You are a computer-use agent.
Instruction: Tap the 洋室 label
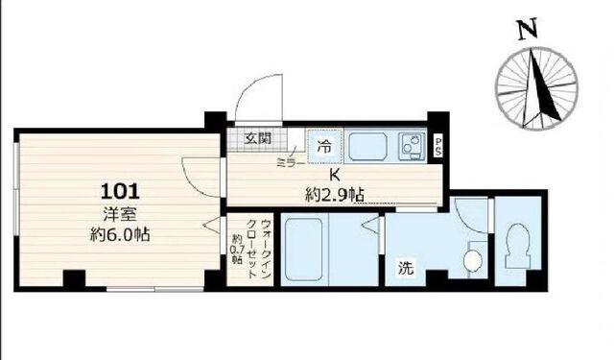[x=119, y=213]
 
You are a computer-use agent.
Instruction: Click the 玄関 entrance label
[x=257, y=137]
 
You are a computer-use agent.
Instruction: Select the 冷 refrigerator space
[x=324, y=147]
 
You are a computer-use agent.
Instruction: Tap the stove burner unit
[x=411, y=148]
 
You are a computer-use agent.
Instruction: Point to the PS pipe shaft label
[x=438, y=146]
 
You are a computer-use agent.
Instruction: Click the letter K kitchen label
[x=335, y=176]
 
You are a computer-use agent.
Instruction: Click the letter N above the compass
[x=525, y=31]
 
